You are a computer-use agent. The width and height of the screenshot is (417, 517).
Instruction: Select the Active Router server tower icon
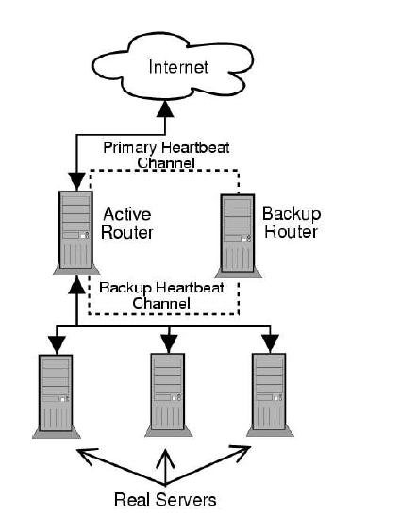point(75,232)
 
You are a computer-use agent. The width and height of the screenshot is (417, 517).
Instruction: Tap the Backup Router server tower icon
point(237,232)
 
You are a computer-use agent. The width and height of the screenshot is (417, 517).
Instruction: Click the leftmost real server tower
point(55,393)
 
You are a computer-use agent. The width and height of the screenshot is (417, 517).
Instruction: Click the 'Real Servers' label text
point(165,499)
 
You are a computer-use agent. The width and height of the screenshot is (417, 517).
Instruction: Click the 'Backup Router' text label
point(290,223)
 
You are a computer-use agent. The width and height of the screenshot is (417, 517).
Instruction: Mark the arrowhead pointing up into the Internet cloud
point(165,110)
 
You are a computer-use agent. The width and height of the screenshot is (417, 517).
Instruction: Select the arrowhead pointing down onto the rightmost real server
point(271,340)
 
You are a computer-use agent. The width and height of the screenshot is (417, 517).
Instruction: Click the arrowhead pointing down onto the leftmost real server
point(56,340)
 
